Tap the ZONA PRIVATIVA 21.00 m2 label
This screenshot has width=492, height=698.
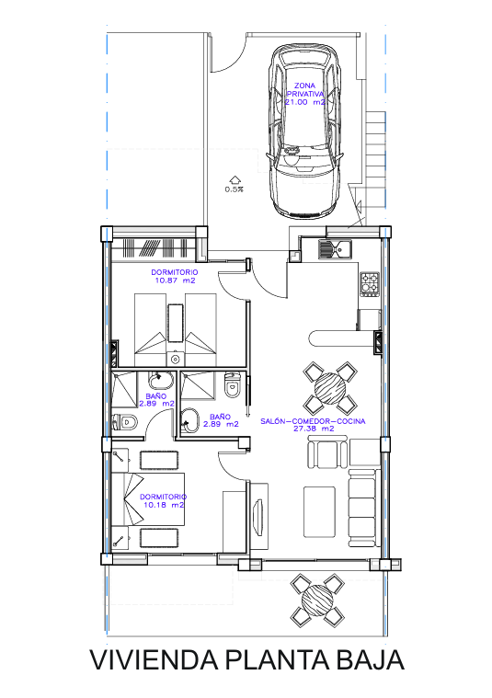tap(305, 94)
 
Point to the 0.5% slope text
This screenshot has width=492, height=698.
tap(234, 189)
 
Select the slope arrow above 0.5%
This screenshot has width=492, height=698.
tap(235, 179)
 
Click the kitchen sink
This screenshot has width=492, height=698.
tap(335, 249)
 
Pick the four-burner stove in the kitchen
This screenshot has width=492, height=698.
tap(370, 284)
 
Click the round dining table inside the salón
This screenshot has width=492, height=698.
tap(330, 388)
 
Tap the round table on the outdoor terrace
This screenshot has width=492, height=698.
tap(317, 600)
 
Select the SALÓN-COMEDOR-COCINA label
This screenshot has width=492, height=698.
tap(313, 421)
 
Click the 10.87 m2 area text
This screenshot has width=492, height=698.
tap(175, 280)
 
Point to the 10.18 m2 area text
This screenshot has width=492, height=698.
tap(164, 505)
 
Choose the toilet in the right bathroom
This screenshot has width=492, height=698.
tap(232, 385)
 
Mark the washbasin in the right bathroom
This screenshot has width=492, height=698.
tap(190, 419)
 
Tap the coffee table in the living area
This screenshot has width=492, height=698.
tap(319, 511)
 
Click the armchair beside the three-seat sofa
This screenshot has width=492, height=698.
tap(327, 452)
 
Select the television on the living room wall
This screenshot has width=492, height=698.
tap(257, 516)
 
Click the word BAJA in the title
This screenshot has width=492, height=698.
tap(370, 660)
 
